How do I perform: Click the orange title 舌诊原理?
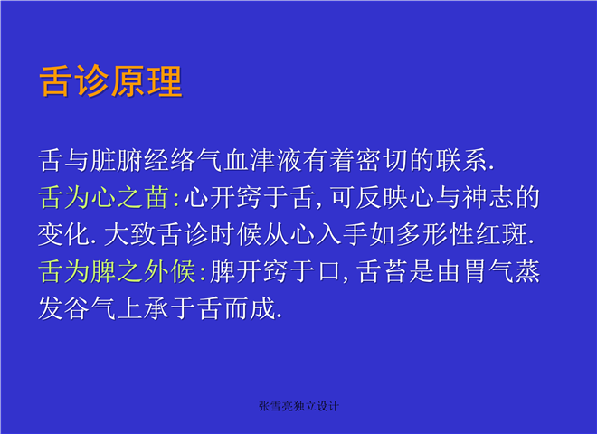(x=110, y=81)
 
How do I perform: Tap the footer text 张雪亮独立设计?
(x=298, y=406)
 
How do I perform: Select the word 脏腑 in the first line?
(x=116, y=160)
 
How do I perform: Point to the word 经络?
(x=169, y=160)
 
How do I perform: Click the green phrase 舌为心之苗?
(x=103, y=197)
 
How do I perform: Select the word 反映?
(x=382, y=197)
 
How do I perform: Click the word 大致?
(x=129, y=234)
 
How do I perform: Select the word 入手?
(x=342, y=234)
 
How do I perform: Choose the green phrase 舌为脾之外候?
(x=116, y=271)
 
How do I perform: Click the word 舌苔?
(x=382, y=271)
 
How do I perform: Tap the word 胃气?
(x=488, y=271)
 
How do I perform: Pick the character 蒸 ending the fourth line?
(x=527, y=271)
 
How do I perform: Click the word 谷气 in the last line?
(x=90, y=308)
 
